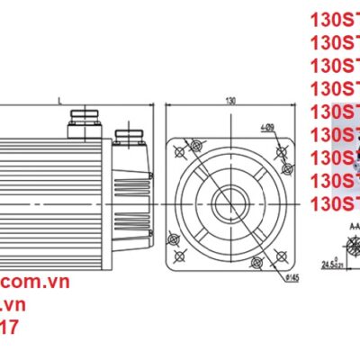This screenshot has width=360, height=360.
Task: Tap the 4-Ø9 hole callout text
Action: pyautogui.click(x=267, y=129)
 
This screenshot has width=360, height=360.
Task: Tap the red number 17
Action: pyautogui.click(x=9, y=329)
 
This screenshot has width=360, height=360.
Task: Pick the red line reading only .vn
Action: pyautogui.click(x=11, y=306)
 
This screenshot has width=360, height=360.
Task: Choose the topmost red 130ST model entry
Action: pyautogui.click(x=334, y=18)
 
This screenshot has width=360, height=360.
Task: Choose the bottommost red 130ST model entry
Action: pyautogui.click(x=334, y=205)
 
